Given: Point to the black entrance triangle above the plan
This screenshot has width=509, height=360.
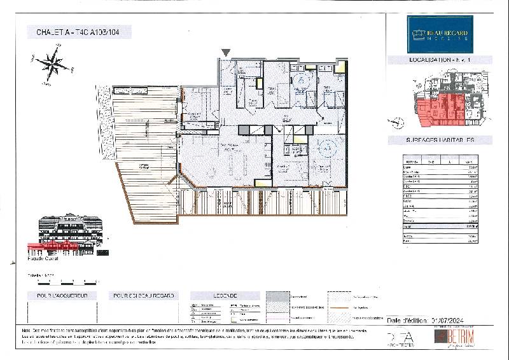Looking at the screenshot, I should (226, 52).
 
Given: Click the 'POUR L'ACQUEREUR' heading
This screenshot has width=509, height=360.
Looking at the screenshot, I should (57, 296).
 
